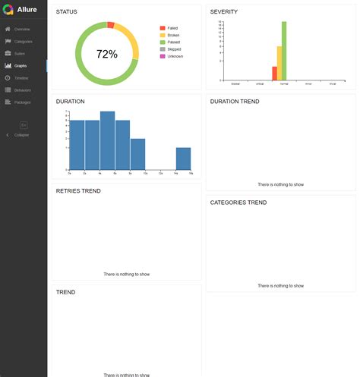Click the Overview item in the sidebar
click(21, 29)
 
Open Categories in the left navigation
click(23, 41)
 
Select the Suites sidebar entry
click(20, 53)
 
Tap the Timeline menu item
click(21, 77)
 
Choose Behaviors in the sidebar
click(23, 90)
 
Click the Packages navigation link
click(22, 102)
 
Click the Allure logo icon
click(8, 9)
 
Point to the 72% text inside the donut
click(107, 55)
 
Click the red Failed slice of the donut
click(111, 25)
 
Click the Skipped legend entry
click(172, 49)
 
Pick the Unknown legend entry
click(174, 56)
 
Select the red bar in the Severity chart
click(274, 73)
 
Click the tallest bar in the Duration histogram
click(107, 140)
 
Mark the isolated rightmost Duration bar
click(183, 159)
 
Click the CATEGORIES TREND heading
click(238, 203)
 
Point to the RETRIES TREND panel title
click(78, 191)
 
